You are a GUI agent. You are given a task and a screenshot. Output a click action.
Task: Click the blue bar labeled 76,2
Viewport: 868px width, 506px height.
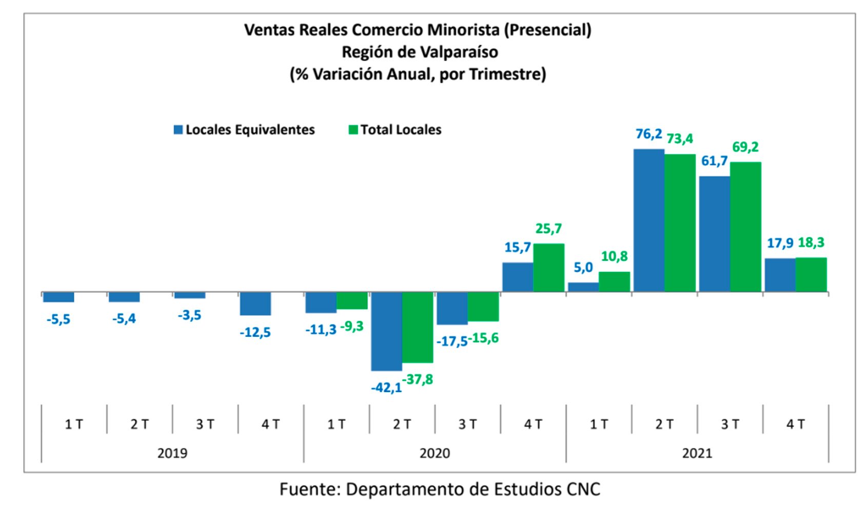[648, 220]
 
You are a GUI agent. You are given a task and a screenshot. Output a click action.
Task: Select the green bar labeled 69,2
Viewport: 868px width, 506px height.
[745, 227]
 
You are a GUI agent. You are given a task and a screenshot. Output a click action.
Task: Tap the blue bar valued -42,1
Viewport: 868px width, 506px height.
[386, 331]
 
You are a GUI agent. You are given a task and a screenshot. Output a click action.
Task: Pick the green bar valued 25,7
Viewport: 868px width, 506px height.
[548, 268]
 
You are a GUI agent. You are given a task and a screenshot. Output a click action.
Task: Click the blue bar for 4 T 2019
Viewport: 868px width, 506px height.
[255, 303]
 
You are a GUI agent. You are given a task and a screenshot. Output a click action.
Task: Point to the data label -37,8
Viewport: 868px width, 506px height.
[418, 379]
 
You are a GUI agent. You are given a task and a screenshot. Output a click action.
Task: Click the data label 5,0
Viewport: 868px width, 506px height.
[583, 267]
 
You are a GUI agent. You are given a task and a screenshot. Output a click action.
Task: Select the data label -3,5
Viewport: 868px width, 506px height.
[189, 315]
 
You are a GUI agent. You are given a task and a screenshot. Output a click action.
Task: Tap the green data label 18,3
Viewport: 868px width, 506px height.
[811, 242]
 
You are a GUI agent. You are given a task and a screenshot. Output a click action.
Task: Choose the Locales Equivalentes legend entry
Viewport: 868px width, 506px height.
[244, 130]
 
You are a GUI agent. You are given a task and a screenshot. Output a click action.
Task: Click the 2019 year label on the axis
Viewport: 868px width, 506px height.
[172, 453]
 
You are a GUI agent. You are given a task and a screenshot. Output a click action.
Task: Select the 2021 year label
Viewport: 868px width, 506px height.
[697, 453]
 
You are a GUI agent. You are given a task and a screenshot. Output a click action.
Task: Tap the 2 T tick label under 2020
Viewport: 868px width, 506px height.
[402, 424]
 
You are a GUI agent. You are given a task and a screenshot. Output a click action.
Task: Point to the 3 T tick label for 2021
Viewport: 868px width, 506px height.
[729, 424]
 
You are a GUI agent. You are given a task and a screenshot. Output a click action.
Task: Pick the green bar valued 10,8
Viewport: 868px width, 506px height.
[614, 281]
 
